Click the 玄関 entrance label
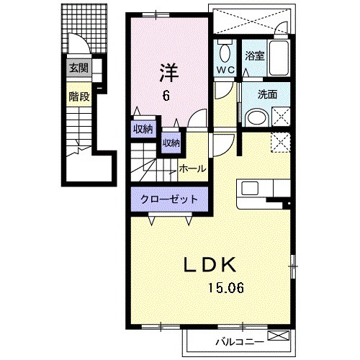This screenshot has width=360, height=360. (78, 68)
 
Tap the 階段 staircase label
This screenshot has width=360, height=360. (79, 96)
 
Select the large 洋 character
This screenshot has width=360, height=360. (167, 72)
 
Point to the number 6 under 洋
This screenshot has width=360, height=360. (166, 97)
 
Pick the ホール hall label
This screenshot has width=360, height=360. (194, 168)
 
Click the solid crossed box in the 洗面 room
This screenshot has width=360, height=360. (281, 117)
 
